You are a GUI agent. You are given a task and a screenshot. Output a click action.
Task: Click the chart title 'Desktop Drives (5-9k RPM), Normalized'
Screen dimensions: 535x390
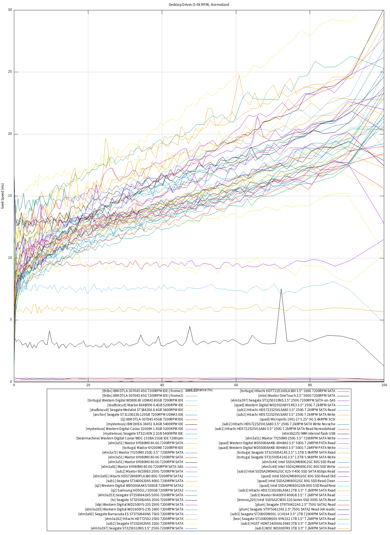199,4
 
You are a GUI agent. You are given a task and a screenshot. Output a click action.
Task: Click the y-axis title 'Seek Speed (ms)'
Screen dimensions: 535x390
3,196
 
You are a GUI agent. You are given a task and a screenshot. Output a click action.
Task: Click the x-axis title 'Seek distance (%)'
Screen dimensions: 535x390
199,390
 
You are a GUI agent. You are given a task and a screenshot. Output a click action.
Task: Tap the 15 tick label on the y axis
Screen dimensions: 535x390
10,196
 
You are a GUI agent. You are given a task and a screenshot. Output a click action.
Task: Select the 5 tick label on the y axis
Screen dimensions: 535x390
11,320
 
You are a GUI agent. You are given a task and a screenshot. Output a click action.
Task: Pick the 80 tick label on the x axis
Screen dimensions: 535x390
310,385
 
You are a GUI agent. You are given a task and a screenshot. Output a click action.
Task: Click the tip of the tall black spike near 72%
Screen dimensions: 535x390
281,289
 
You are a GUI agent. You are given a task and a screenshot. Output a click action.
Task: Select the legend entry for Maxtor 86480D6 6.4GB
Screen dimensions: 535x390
145,405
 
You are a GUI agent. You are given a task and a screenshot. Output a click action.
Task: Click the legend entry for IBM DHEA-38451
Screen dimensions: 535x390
145,424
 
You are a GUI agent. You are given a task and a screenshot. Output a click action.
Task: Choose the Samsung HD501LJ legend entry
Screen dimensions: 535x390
147,490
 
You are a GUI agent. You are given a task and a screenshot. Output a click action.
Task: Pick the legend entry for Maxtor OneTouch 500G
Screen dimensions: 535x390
297,396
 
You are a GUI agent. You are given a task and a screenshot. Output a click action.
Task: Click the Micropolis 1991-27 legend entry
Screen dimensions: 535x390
297,419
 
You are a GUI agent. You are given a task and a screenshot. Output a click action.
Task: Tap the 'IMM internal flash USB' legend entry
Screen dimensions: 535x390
309,434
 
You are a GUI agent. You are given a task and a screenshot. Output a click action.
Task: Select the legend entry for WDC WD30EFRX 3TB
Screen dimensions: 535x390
295,528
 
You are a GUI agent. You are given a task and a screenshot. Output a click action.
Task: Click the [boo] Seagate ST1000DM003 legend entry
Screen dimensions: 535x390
284,519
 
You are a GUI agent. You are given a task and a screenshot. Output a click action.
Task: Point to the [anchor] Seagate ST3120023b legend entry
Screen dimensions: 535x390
138,415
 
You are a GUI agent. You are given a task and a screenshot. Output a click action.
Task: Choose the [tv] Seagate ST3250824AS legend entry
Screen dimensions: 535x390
147,500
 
